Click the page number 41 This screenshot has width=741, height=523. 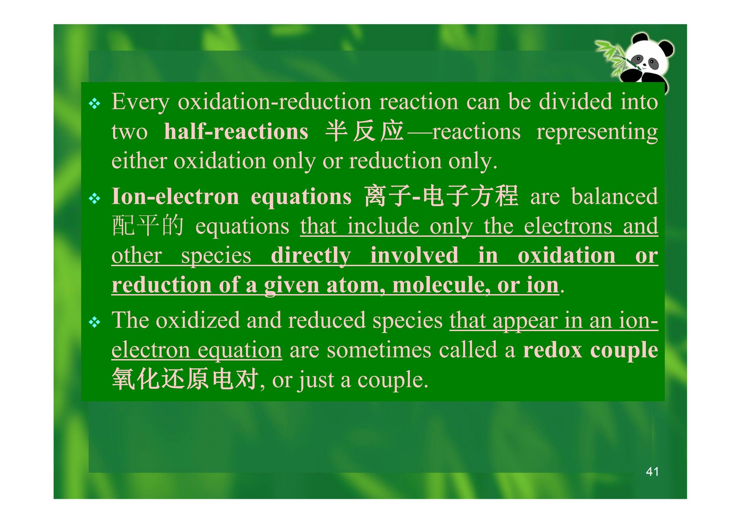coord(652,472)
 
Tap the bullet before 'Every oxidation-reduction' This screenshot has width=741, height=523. coord(95,104)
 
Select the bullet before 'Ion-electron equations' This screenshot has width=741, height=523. coord(95,199)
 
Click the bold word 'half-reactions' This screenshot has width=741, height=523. coord(236,132)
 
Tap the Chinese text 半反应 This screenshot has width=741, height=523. coord(365,131)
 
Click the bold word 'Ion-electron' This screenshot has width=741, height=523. coord(175,197)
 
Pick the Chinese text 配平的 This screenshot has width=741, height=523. coord(147,226)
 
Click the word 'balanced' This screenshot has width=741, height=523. coord(615,197)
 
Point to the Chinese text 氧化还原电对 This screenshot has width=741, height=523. coord(185,379)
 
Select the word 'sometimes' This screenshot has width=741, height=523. coord(379,350)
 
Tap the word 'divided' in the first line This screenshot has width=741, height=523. coord(575,101)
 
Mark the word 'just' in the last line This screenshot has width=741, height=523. coord(315,380)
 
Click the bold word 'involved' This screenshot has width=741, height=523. coord(414,255)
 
